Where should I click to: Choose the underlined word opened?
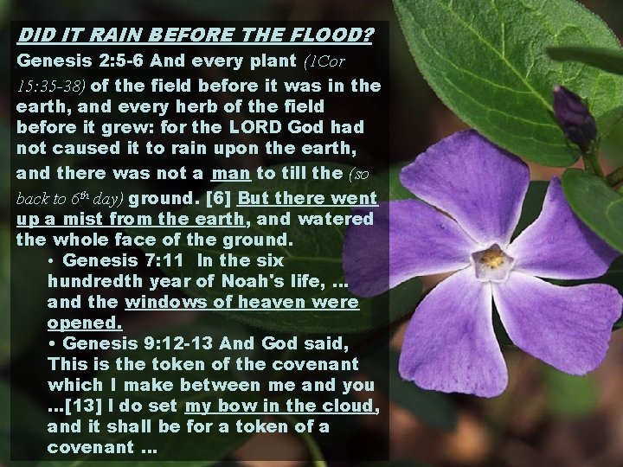click(85, 323)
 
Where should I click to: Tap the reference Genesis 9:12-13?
click(136, 343)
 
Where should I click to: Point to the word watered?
click(338, 219)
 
